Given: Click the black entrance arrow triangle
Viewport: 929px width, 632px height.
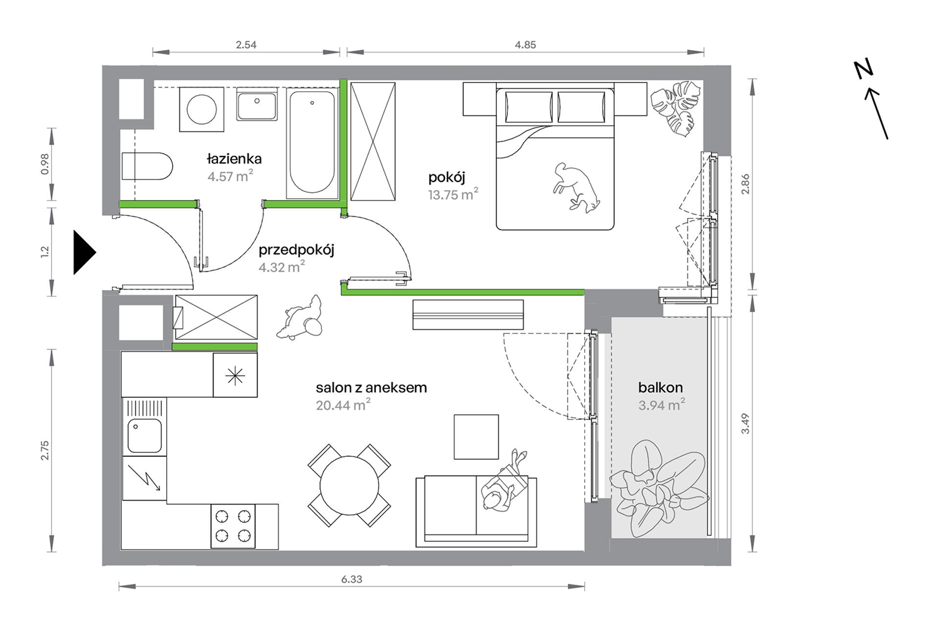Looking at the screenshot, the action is (x=84, y=252).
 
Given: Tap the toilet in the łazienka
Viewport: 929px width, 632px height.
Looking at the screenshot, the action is (x=147, y=166).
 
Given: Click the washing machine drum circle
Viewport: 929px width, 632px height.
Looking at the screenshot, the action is (x=201, y=109).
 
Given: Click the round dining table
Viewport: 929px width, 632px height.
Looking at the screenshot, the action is (x=349, y=485).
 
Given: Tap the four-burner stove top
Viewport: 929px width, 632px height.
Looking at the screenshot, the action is (x=233, y=526).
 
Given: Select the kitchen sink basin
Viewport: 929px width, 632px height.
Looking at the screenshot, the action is (x=145, y=435).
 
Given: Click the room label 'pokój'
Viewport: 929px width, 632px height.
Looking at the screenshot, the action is (x=446, y=177).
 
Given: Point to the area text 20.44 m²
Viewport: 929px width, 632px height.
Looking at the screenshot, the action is (x=343, y=405).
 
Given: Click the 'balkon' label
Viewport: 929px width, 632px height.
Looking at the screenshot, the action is (x=660, y=387).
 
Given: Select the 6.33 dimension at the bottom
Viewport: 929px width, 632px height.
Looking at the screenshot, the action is (x=352, y=579).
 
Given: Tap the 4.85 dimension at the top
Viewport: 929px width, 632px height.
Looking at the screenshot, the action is (x=525, y=45).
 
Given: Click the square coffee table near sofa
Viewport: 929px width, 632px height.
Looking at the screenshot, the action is (x=476, y=437).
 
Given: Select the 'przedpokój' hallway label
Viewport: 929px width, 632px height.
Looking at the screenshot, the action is (x=296, y=250).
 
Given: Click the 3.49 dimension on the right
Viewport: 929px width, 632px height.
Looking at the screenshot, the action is (x=745, y=424).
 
